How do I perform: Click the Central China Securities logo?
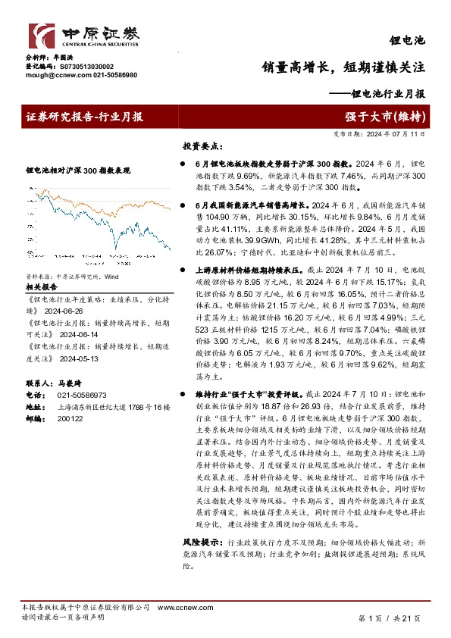(83, 36)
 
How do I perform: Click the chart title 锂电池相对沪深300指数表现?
(78, 171)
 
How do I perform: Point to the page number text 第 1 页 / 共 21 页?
(388, 618)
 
